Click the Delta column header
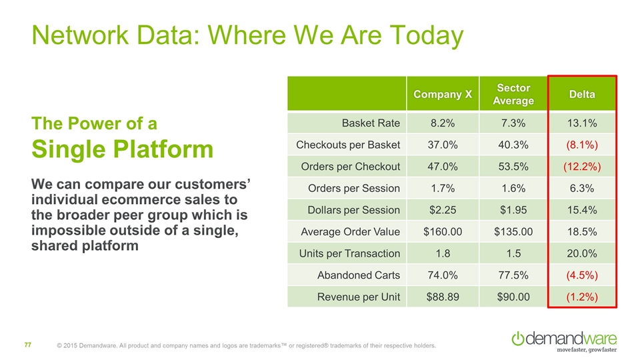(x=581, y=94)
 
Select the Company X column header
(x=443, y=94)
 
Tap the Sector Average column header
(x=513, y=94)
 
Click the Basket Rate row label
(x=371, y=123)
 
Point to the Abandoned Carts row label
(x=359, y=275)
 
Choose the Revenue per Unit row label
(x=359, y=297)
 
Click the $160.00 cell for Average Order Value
(x=443, y=232)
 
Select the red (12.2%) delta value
(x=582, y=167)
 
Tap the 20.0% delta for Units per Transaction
(x=581, y=253)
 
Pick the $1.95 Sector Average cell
(x=513, y=210)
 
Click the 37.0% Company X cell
(x=443, y=145)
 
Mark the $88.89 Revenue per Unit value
(x=443, y=297)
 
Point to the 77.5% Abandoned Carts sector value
(x=513, y=275)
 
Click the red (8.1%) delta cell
(x=582, y=145)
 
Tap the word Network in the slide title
(x=80, y=35)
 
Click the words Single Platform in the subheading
(x=123, y=149)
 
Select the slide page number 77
(x=28, y=345)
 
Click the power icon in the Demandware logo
(x=517, y=339)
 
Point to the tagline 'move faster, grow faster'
(x=587, y=350)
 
